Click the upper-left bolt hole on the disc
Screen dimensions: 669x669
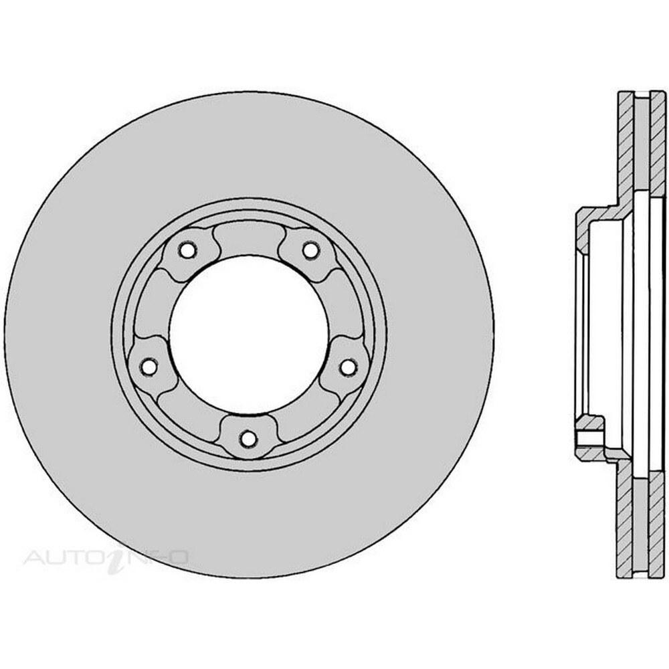(x=187, y=250)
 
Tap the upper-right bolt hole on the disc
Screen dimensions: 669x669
(x=310, y=250)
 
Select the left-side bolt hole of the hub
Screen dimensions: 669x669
(x=149, y=367)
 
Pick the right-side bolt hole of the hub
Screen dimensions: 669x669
(x=349, y=367)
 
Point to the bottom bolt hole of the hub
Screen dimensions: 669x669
(x=249, y=438)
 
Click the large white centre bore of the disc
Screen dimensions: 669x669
(x=249, y=335)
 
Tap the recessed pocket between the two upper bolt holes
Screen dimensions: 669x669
(x=249, y=241)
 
